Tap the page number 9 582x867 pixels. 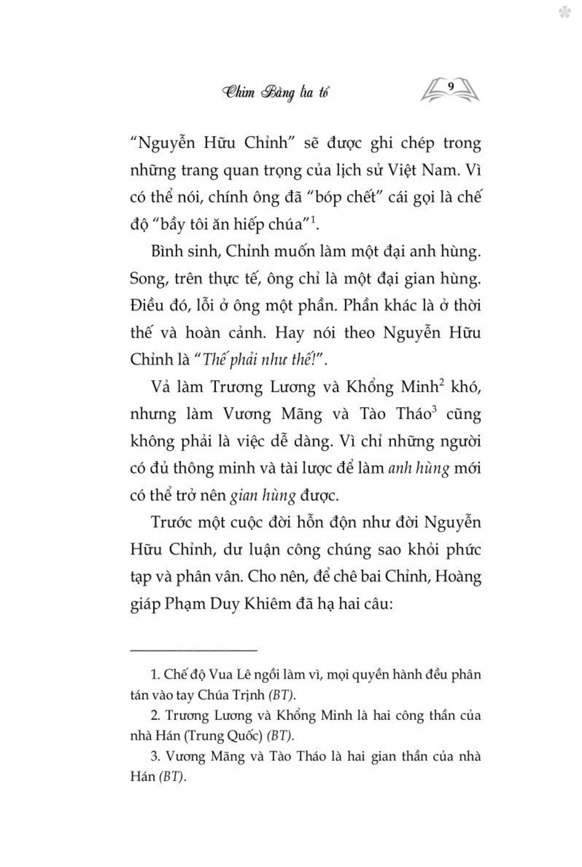pyautogui.click(x=451, y=87)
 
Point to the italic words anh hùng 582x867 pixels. pyautogui.click(x=418, y=468)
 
